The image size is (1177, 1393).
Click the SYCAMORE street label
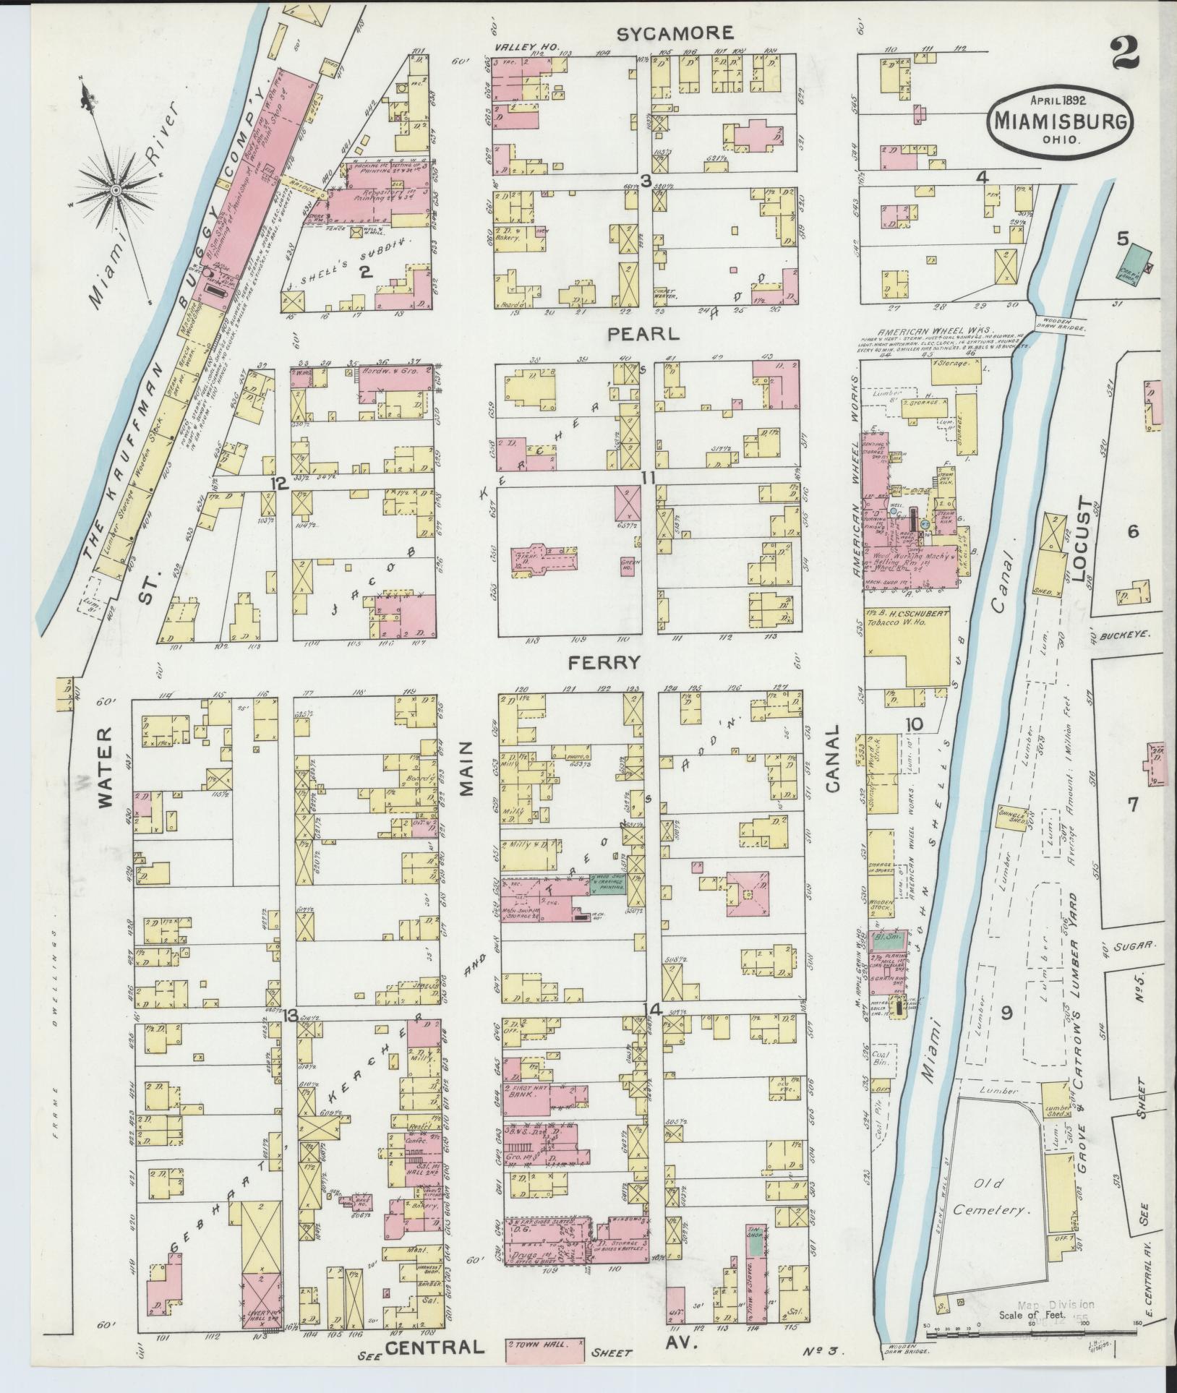pyautogui.click(x=675, y=33)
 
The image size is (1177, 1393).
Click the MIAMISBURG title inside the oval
pyautogui.click(x=1060, y=121)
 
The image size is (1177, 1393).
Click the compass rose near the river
pyautogui.click(x=115, y=189)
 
